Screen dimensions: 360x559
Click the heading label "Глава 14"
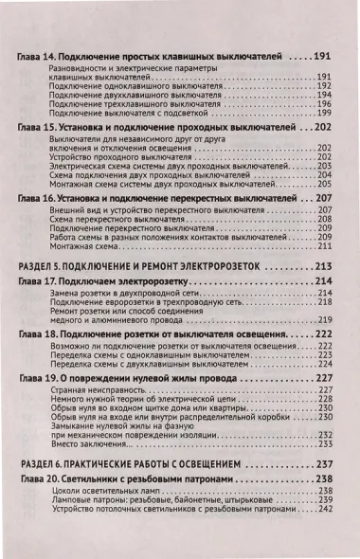point(40,58)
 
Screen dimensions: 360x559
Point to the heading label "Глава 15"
point(40,126)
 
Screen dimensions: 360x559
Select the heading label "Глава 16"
point(40,198)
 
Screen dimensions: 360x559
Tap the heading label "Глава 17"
point(40,281)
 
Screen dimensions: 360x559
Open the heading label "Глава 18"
point(40,335)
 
